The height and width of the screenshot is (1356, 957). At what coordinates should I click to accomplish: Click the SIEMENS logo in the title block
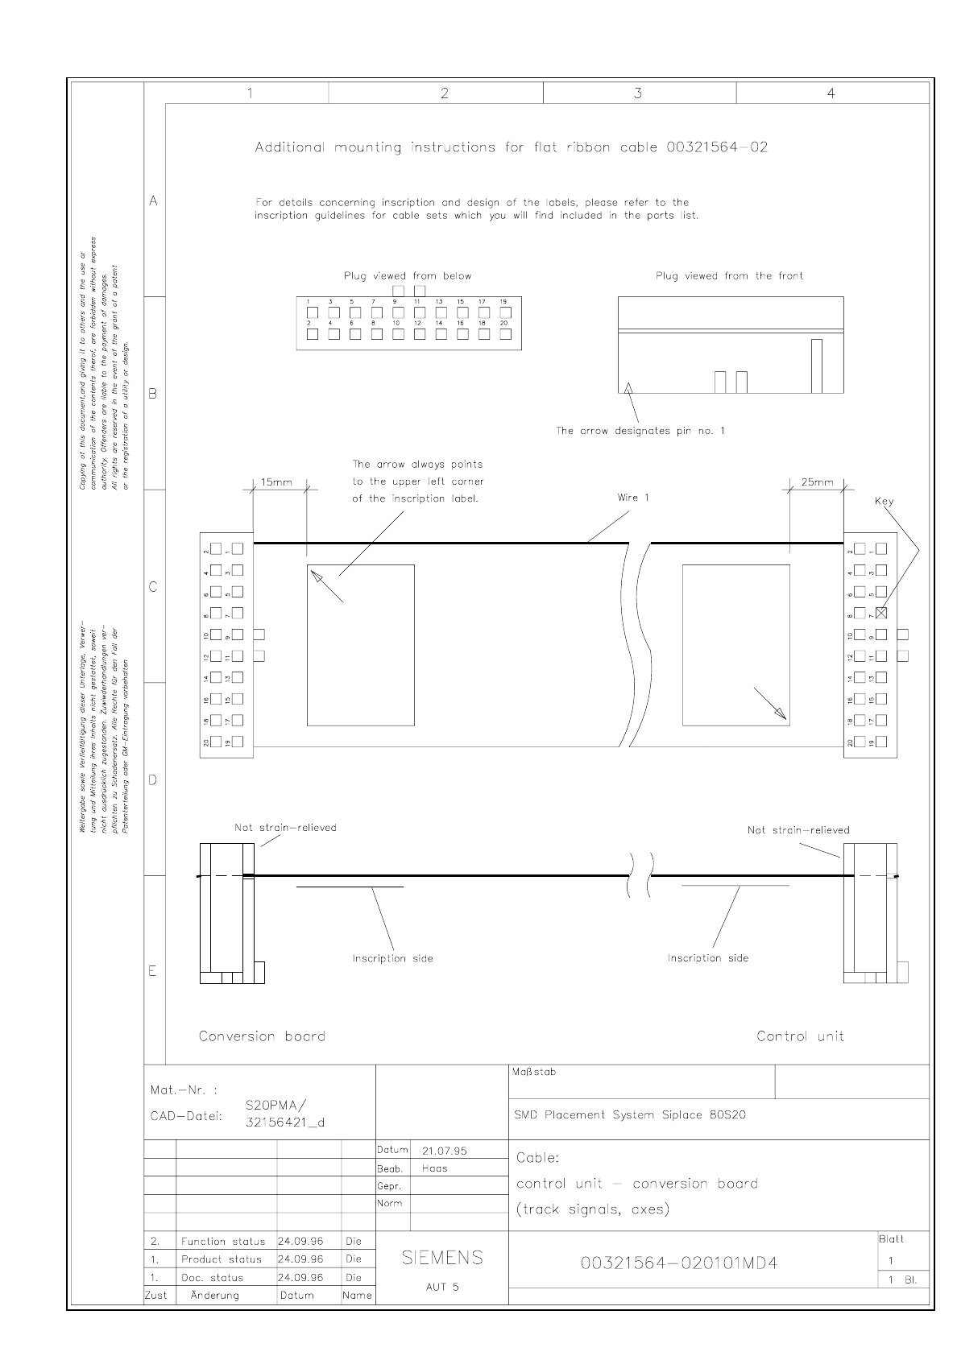(442, 1257)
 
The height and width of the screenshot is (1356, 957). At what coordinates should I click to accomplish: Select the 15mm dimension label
(276, 483)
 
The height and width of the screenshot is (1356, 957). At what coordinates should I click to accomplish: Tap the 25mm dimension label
(817, 482)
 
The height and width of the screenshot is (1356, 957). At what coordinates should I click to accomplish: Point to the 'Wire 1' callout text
(633, 498)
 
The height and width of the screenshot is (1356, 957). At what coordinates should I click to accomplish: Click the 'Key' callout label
(884, 501)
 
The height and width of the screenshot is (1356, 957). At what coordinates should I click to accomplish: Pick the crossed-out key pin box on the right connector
(881, 613)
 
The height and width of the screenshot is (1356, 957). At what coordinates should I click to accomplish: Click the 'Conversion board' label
(263, 1036)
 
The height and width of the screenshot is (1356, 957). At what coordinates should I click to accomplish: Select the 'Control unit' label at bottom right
(800, 1036)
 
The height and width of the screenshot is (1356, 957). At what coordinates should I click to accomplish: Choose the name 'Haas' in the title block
(434, 1168)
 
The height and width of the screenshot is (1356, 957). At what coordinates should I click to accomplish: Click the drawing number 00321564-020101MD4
(679, 1263)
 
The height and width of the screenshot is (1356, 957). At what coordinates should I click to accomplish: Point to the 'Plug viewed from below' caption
(408, 276)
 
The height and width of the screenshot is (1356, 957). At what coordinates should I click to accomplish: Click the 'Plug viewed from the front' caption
(729, 276)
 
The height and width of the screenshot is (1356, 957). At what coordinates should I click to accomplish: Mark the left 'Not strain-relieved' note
(285, 827)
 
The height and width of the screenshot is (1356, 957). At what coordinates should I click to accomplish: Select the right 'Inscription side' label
(708, 958)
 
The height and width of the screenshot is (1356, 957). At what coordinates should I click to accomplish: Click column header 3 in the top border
(638, 93)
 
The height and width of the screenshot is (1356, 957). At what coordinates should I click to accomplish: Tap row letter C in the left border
(153, 587)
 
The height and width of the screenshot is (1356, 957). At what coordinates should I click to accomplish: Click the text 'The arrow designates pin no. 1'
(640, 431)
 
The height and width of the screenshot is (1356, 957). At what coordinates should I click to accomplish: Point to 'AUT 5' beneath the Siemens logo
(442, 1287)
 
